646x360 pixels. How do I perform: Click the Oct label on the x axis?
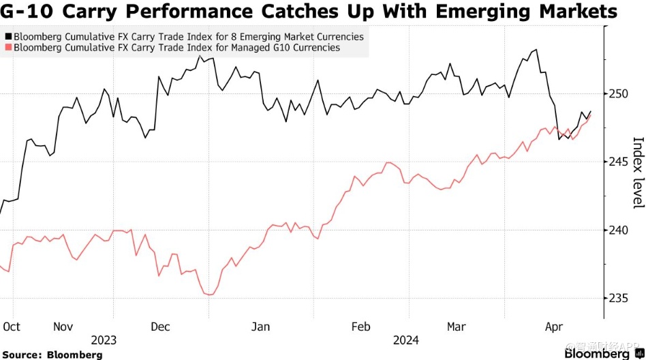12,327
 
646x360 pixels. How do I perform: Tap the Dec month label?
159,327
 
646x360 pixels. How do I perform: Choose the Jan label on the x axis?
262,327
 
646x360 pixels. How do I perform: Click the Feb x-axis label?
360,327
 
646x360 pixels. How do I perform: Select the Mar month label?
456,327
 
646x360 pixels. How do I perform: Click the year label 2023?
104,340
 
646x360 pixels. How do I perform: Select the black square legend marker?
7,37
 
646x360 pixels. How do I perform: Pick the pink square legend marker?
7,48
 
